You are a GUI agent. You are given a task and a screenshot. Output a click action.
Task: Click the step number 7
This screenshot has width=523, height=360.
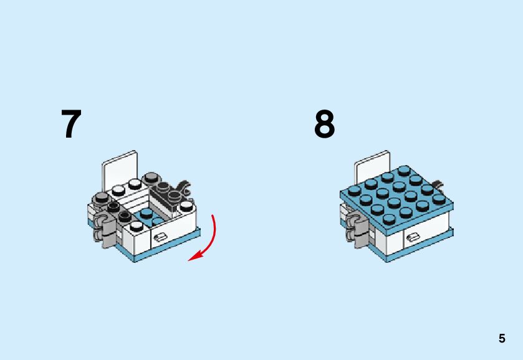71,125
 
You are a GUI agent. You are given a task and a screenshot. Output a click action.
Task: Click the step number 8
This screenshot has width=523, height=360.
324,125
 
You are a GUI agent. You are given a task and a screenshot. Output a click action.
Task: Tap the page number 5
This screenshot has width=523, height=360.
502,339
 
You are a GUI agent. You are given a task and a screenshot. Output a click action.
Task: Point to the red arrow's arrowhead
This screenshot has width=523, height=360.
194,257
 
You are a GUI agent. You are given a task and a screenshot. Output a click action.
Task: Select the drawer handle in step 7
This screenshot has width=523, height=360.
160,235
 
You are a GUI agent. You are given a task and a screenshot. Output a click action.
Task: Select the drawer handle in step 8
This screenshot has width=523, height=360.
412,237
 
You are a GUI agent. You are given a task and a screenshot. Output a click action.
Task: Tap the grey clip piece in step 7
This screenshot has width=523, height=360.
107,228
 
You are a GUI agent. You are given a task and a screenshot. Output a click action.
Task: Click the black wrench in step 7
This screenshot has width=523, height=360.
184,185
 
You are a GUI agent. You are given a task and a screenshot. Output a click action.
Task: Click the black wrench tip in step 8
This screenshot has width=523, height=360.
439,184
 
